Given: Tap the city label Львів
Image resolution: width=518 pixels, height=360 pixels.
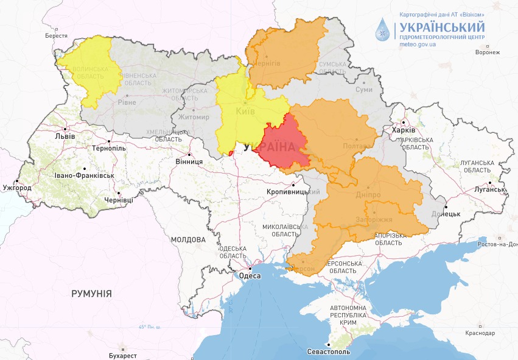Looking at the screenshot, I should [65, 136].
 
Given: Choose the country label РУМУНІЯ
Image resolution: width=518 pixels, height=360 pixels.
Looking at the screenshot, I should [91, 294].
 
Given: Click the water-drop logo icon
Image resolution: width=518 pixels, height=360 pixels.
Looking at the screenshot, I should [383, 29].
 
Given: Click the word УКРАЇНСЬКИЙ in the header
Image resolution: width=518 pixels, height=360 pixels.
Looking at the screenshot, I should [442, 27].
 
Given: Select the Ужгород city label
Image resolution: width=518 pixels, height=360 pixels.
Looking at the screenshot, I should [16, 188].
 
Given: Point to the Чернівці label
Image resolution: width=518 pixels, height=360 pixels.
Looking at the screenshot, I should [118, 200].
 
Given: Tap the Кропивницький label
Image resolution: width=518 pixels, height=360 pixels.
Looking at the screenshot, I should [293, 192].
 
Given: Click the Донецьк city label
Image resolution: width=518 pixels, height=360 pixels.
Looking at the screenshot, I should [446, 214].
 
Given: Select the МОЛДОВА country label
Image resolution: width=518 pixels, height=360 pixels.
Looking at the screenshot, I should [188, 239].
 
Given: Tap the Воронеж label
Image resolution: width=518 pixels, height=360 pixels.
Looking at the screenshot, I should [488, 52].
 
